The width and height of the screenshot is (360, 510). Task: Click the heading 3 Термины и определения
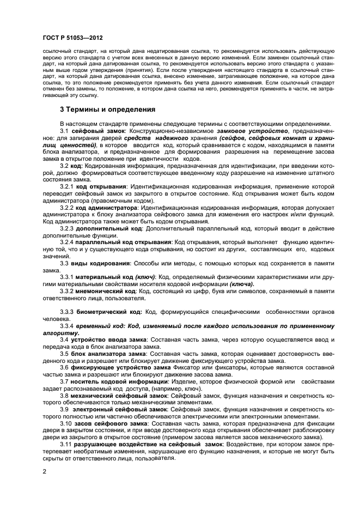click(x=108, y=109)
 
